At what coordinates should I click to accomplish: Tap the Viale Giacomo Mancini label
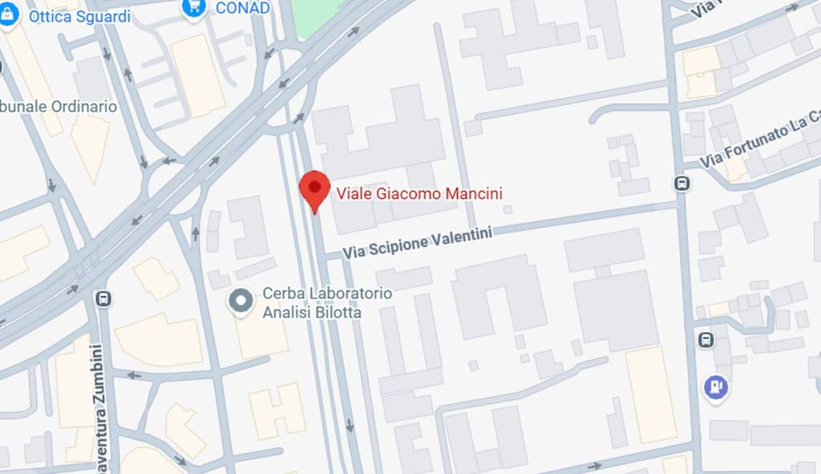coord(419,193)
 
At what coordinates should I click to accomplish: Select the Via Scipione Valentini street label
coord(416,241)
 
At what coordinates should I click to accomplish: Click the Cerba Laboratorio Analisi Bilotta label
coord(327,303)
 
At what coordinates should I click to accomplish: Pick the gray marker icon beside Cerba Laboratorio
coord(240,302)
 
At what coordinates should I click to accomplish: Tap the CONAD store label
coord(242,8)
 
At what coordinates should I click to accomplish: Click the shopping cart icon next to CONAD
coord(193,7)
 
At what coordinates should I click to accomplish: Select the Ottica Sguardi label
coord(79,16)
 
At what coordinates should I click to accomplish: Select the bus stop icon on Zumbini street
coord(103,299)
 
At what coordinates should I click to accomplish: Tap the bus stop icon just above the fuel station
coord(706,340)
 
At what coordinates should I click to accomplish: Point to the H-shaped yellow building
coord(277,411)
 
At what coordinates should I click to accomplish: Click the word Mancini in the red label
coord(478,193)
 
